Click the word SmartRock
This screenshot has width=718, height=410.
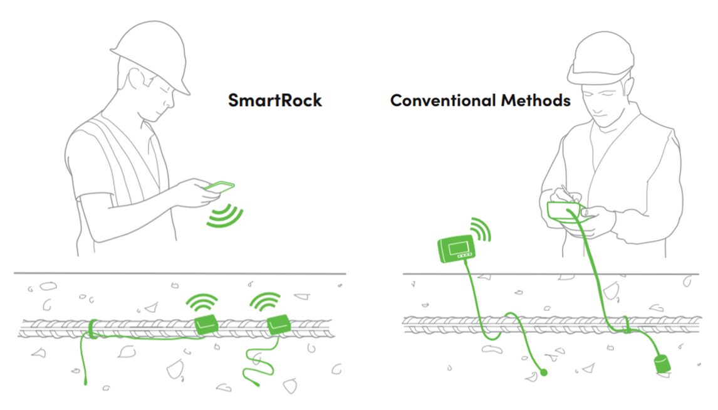(274, 100)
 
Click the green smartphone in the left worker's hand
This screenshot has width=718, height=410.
(220, 187)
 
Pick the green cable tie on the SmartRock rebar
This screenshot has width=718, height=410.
(91, 329)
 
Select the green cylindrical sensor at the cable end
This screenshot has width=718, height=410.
(662, 365)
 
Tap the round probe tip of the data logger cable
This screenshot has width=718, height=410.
(544, 372)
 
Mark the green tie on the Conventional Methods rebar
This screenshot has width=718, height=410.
(626, 325)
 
